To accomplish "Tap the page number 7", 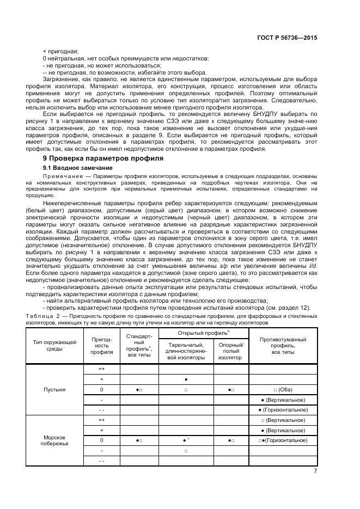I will coord(315,471).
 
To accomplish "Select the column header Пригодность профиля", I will coord(101,345).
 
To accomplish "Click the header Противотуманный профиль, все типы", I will coord(283,345).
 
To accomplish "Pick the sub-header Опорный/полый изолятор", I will coord(231,351).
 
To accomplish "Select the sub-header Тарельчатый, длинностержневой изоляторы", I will coord(186,351).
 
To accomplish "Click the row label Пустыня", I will coord(54,390).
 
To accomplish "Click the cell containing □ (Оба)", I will coord(283,390).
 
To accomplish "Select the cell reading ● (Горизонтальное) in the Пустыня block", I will coord(283,410).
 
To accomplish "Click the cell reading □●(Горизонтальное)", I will coord(283,440).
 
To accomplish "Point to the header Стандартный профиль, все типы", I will coord(139,345).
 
